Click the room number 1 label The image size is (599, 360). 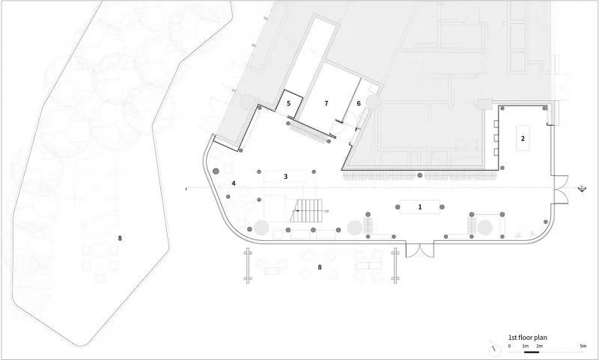click(420, 207)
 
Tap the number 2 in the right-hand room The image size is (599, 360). click(523, 138)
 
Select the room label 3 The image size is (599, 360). click(285, 177)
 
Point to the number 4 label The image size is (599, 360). click(234, 183)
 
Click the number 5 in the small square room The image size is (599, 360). click(289, 103)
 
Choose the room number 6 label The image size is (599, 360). click(359, 103)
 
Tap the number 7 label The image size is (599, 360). click(326, 103)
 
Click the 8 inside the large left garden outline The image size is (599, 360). click(120, 238)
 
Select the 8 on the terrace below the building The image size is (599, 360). click(320, 267)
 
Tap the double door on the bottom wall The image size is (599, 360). click(420, 250)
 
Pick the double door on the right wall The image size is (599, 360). click(560, 189)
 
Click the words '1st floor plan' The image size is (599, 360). click(528, 337)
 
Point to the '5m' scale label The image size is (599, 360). click(583, 346)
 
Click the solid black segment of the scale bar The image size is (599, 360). click(532, 352)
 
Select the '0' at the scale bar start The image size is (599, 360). click(509, 346)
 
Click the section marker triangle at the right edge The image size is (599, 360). click(582, 188)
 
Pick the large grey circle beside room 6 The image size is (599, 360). click(372, 102)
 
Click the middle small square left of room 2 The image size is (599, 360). click(496, 138)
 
